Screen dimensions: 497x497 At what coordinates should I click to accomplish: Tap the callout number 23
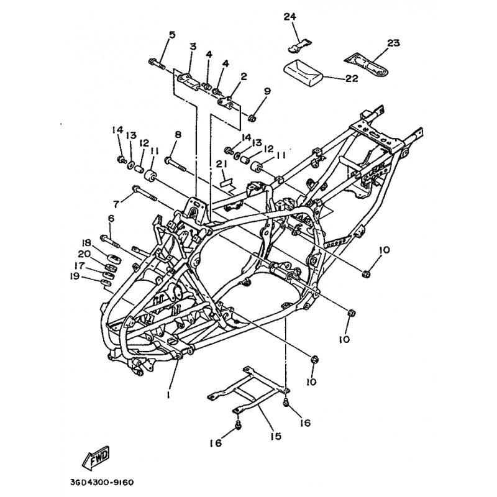[x=393, y=43]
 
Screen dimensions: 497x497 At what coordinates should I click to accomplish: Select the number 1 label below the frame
[x=168, y=394]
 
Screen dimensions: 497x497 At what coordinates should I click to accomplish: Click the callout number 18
[x=86, y=242]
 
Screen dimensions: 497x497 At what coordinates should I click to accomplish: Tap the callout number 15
[x=276, y=436]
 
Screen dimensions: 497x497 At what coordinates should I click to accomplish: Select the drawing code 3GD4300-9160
[x=98, y=483]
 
